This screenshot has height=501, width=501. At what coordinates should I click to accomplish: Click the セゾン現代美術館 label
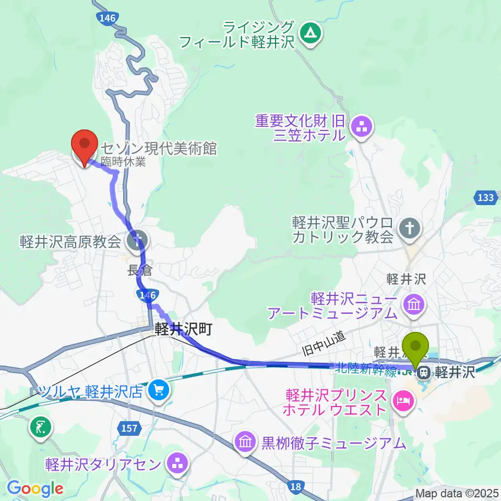coord(159,149)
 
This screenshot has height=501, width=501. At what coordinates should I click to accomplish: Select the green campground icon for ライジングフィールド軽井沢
coord(312,34)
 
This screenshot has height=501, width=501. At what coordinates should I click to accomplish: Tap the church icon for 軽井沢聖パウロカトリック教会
coord(409,228)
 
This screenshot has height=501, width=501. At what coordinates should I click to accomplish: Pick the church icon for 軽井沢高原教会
coord(138,241)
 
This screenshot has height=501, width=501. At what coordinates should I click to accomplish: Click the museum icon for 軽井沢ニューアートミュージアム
coord(414,303)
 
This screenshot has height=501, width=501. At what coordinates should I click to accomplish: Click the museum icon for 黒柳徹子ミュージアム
coord(246,444)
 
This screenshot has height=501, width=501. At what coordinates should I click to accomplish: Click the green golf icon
coord(41,427)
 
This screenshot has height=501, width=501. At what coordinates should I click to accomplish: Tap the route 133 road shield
coord(485,198)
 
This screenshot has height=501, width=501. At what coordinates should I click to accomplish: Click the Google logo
coord(35,488)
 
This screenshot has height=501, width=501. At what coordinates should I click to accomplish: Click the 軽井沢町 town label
coord(183,330)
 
